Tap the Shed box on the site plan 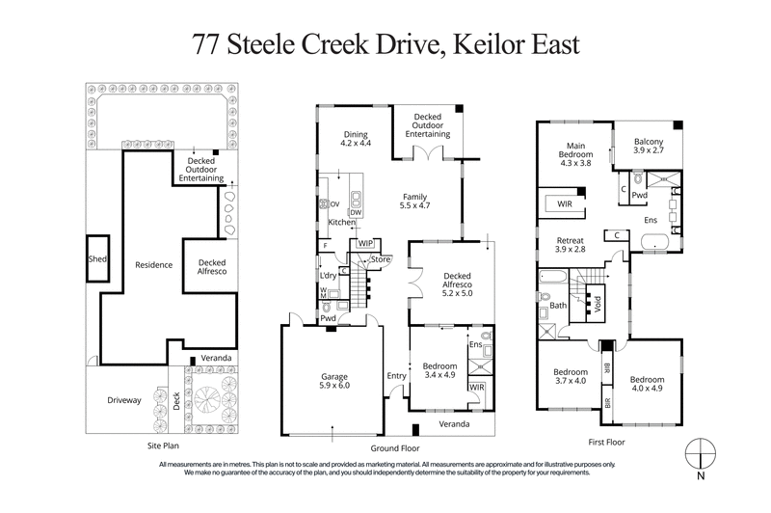96,258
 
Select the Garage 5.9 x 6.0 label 332,382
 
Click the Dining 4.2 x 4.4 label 356,139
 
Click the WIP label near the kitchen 365,244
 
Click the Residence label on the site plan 153,265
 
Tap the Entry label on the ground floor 396,376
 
